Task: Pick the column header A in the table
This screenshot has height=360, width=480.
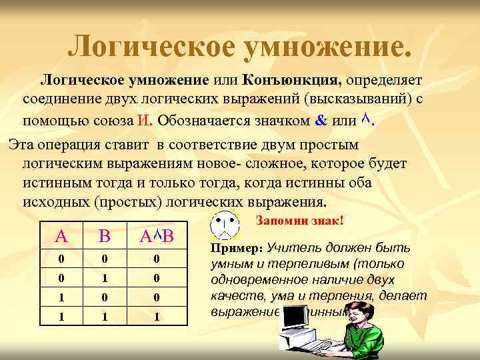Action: click(61, 235)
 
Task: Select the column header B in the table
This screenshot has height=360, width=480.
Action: click(104, 235)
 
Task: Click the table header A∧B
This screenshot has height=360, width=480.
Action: click(156, 235)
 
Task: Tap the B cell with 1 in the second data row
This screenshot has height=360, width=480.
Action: click(104, 277)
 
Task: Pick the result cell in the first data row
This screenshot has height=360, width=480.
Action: click(156, 258)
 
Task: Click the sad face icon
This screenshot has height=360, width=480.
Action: click(224, 227)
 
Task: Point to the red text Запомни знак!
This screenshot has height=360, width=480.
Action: click(299, 220)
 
